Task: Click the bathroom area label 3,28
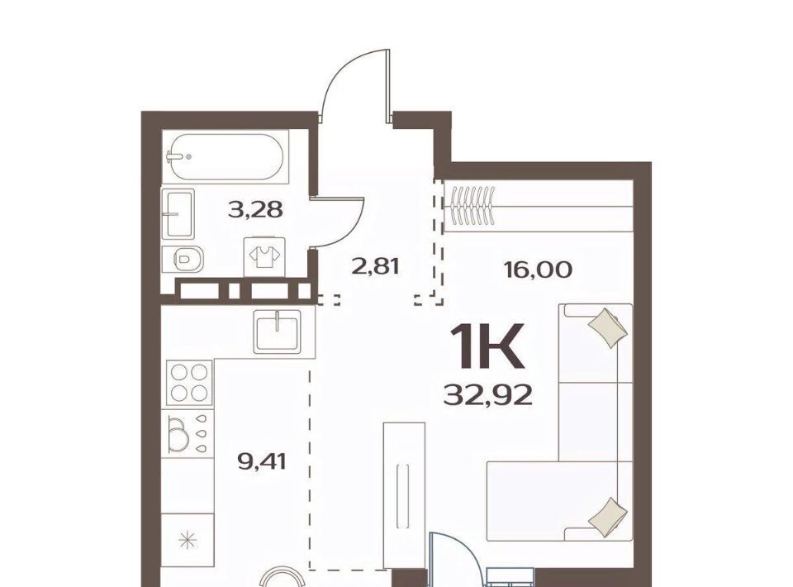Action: [x=255, y=208]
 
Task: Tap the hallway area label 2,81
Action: [x=376, y=265]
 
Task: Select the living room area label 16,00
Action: [x=538, y=270]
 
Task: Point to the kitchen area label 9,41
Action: [x=262, y=461]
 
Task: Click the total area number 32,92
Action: [x=487, y=394]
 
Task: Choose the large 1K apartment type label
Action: [x=486, y=346]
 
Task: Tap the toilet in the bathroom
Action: [x=183, y=260]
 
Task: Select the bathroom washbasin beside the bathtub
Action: [x=178, y=213]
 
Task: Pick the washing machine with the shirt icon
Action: [x=265, y=256]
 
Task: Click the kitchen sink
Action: [x=278, y=331]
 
